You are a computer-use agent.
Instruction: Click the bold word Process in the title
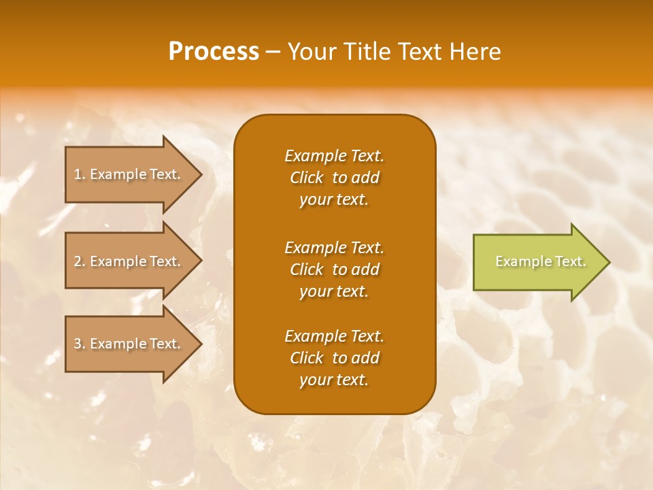[x=214, y=52]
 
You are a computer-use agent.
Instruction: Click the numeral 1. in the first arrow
[x=80, y=174]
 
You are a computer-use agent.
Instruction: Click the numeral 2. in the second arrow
[x=80, y=261]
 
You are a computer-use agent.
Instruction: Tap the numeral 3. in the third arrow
[x=80, y=344]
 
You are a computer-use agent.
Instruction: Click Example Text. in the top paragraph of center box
[x=334, y=156]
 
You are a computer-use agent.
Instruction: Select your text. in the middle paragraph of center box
[x=334, y=291]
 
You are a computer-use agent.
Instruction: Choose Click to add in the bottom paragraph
[x=334, y=358]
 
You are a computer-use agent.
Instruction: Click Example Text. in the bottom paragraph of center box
[x=334, y=336]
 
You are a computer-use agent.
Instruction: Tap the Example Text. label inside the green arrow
[x=540, y=261]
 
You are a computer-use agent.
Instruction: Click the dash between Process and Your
[x=273, y=52]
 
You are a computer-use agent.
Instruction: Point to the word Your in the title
[x=311, y=52]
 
